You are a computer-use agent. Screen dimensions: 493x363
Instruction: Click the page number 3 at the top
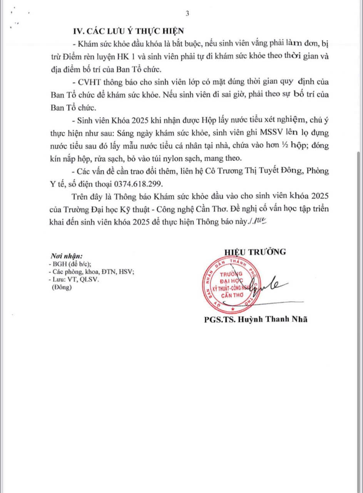(187, 14)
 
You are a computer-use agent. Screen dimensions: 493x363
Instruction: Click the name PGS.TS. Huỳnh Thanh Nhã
(256, 319)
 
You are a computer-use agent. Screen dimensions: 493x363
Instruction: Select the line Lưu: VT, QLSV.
(74, 280)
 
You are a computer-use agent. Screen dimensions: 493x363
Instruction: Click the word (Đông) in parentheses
(62, 287)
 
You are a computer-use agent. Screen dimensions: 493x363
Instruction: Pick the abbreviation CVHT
(89, 82)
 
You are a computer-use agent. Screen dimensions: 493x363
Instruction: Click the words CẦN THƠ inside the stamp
(231, 295)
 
